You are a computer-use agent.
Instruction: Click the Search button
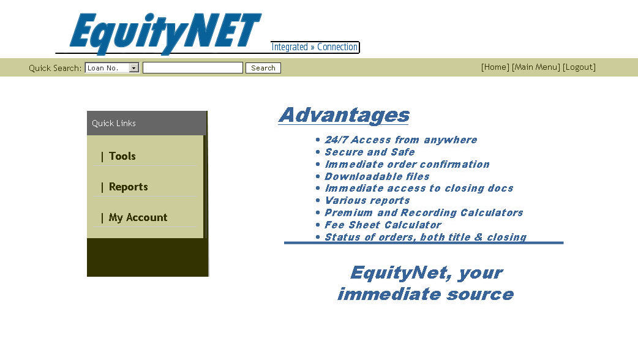tap(263, 68)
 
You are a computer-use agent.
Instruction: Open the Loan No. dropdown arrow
tap(134, 68)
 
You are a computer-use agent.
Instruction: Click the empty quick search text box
tap(192, 68)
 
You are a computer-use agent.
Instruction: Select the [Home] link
tap(495, 67)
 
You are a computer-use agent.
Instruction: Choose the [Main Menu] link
tap(536, 67)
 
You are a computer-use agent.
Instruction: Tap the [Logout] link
tap(579, 67)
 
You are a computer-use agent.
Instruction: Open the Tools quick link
tap(122, 156)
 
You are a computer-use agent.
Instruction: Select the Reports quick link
tap(128, 187)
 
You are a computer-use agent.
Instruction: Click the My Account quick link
tap(138, 217)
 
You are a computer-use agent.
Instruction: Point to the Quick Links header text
tap(113, 123)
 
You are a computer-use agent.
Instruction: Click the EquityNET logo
tap(165, 32)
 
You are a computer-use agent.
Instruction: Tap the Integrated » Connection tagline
tap(314, 47)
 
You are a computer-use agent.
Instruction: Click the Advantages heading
tap(344, 115)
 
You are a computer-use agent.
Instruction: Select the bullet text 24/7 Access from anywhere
tap(401, 140)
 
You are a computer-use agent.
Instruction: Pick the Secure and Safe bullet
tap(369, 152)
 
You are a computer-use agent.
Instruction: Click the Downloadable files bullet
tap(377, 176)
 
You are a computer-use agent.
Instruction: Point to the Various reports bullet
tap(367, 201)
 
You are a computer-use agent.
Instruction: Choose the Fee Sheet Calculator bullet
tap(383, 225)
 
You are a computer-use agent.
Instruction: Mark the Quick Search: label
tap(55, 68)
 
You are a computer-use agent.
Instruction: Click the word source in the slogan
tap(479, 294)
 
